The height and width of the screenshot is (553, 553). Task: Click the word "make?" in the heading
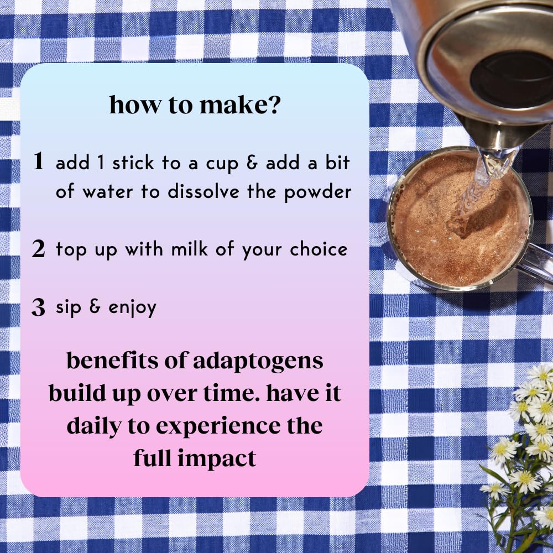[x=240, y=105]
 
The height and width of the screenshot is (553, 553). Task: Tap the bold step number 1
[x=39, y=161]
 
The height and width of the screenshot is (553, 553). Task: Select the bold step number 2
[x=39, y=249]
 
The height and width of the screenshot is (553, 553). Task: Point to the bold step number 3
[x=39, y=307]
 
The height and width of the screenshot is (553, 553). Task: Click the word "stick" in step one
[x=133, y=163]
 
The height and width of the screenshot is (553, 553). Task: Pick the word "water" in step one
[x=108, y=192]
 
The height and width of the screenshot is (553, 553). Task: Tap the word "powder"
[x=318, y=192]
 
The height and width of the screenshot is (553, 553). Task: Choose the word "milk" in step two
[x=189, y=249]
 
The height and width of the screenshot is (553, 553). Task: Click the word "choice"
[x=319, y=249]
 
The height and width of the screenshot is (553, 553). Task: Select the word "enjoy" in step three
[x=132, y=308]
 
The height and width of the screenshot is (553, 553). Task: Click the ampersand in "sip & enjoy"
[x=95, y=306]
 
